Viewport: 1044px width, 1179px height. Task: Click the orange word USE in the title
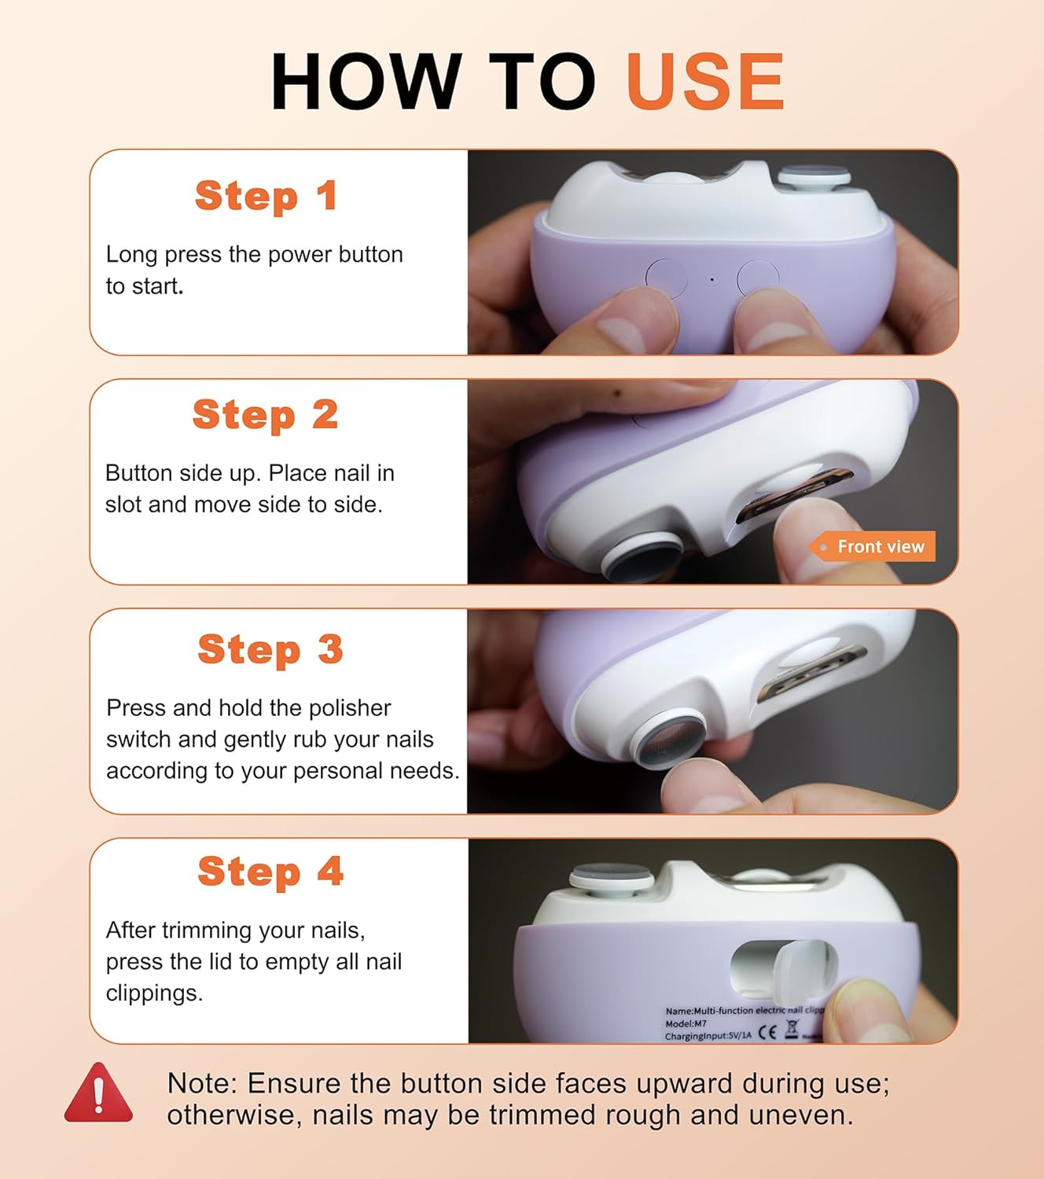pyautogui.click(x=705, y=81)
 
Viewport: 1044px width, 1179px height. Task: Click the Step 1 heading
pyautogui.click(x=267, y=196)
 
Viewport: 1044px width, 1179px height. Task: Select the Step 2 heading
pyautogui.click(x=266, y=415)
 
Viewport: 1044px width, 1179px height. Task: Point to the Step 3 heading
pyautogui.click(x=270, y=649)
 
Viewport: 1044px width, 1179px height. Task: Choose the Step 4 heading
pyautogui.click(x=270, y=872)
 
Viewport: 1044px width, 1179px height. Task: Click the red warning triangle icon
pyautogui.click(x=98, y=1093)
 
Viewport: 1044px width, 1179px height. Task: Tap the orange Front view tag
pyautogui.click(x=873, y=546)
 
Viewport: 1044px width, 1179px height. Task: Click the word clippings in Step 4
pyautogui.click(x=154, y=993)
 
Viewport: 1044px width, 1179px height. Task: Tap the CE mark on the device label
pyautogui.click(x=767, y=1032)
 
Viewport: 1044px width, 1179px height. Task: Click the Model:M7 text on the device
pyautogui.click(x=686, y=1023)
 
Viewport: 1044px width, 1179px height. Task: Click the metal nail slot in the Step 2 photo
pyautogui.click(x=794, y=497)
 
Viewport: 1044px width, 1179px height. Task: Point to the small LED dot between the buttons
pyautogui.click(x=712, y=280)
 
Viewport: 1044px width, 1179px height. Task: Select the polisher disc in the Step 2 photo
pyautogui.click(x=642, y=557)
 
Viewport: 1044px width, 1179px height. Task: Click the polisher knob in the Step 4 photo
pyautogui.click(x=612, y=880)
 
